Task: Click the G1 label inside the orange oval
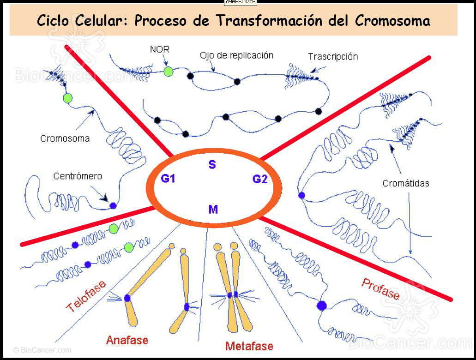(x=168, y=179)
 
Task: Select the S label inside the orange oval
(x=212, y=165)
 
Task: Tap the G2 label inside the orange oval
(x=260, y=179)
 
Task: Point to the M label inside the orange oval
(x=213, y=210)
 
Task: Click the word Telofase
(x=86, y=296)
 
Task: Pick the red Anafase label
(x=127, y=341)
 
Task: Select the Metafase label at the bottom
(x=249, y=346)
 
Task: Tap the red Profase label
(x=380, y=288)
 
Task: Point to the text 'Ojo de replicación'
(x=236, y=55)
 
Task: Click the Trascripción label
(x=333, y=57)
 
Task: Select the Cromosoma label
(x=65, y=138)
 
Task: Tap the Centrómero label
(x=78, y=176)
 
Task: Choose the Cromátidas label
(x=405, y=183)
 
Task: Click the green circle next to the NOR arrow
(x=169, y=71)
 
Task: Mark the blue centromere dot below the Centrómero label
(x=113, y=205)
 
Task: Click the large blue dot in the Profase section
(x=322, y=305)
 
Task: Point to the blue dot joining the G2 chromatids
(x=301, y=195)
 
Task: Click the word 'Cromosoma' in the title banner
(x=392, y=21)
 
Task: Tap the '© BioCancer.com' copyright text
(x=42, y=350)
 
